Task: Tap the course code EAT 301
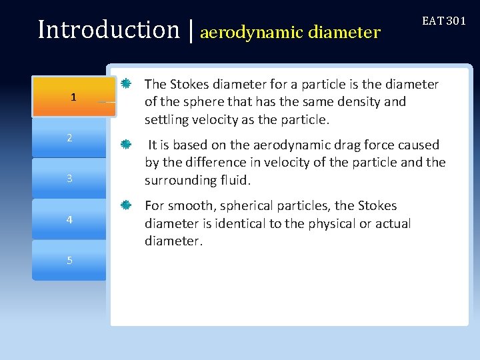click(443, 21)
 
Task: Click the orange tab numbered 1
click(73, 97)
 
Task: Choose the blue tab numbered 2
click(69, 138)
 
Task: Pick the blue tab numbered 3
click(69, 179)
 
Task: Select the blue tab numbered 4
click(69, 219)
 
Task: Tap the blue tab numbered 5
click(69, 260)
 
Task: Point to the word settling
click(165, 120)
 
